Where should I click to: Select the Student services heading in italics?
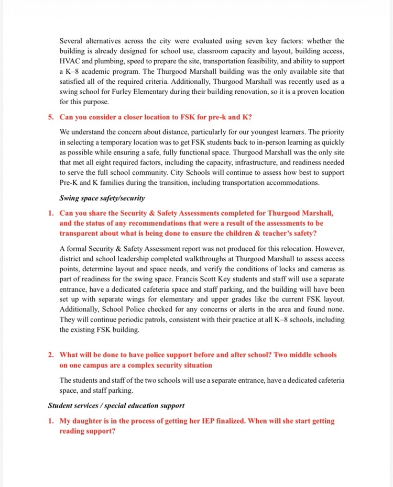click(116, 405)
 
